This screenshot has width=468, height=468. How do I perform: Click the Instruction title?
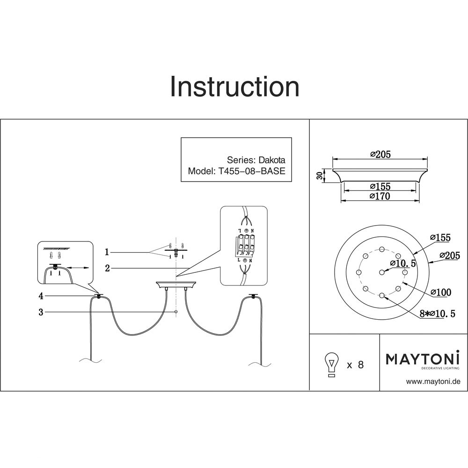tap(234, 87)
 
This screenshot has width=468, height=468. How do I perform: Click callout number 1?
tap(107, 252)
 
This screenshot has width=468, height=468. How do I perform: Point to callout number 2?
tap(107, 268)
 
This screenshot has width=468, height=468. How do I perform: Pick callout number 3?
tap(41, 312)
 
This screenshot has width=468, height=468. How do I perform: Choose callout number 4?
tap(41, 296)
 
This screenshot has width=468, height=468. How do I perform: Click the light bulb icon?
tap(332, 364)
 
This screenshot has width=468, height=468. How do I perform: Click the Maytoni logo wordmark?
tap(422, 359)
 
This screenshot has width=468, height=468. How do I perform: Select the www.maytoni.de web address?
tap(433, 381)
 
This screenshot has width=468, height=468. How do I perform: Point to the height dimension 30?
tap(320, 176)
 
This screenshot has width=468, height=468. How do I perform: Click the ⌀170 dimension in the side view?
tap(380, 197)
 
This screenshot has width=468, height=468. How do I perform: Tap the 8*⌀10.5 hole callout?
tap(437, 314)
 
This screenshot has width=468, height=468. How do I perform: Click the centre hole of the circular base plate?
tap(382, 272)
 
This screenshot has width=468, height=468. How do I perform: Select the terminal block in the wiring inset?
tap(243, 245)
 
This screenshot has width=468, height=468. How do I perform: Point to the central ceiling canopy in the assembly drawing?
tap(175, 284)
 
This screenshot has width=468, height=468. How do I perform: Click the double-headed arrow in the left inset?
tap(78, 268)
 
